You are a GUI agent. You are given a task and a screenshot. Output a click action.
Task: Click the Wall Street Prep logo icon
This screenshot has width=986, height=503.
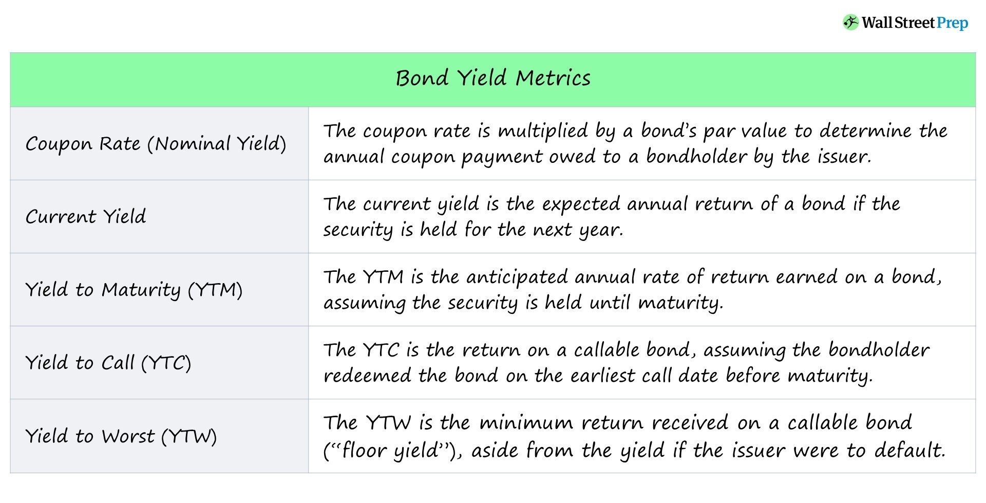[x=850, y=23]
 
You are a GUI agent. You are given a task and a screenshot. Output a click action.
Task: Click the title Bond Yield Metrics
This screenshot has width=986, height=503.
[x=493, y=78]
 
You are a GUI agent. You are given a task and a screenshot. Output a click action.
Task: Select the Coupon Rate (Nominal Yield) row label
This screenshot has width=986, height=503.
[x=156, y=144]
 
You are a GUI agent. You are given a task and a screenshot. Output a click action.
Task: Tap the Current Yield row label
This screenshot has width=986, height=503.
[x=86, y=216]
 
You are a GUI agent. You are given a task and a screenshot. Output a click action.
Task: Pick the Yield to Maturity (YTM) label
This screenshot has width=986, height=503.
[x=134, y=290]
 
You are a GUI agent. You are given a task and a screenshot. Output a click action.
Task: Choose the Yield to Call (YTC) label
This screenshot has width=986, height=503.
[x=108, y=363]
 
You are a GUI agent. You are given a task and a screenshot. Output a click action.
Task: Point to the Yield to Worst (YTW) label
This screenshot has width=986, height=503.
[x=121, y=436]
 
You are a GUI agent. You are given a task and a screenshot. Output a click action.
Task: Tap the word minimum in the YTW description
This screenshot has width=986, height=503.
[x=526, y=423]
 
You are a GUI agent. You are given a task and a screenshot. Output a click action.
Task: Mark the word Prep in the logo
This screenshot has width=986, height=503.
[x=952, y=23]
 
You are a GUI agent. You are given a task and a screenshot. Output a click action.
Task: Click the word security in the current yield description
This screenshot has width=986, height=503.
[x=358, y=230]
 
